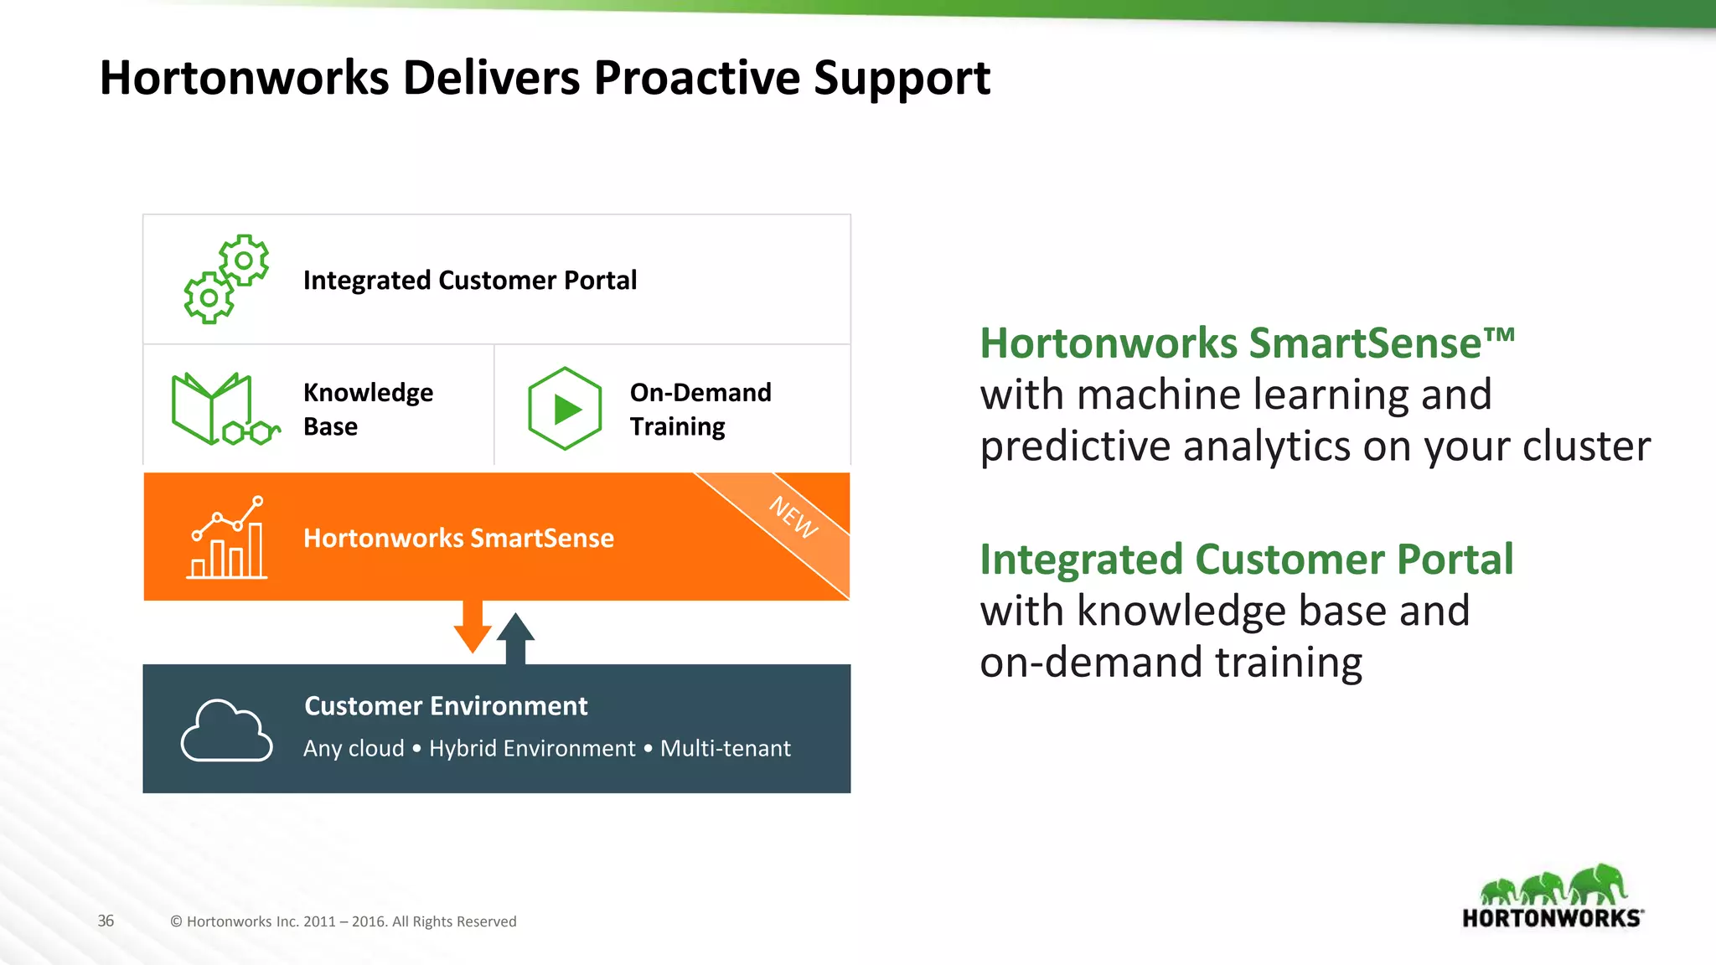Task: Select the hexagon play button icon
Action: tap(566, 409)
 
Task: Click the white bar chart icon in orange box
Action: tap(227, 539)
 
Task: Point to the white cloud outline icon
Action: tap(226, 730)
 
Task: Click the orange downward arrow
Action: tap(473, 627)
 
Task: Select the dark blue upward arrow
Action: tap(515, 638)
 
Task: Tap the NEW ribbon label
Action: tap(793, 518)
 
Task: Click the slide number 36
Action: tap(106, 921)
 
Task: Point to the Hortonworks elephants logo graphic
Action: tap(1553, 885)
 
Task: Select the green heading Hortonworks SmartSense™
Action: tap(1247, 343)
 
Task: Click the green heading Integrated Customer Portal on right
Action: tap(1246, 560)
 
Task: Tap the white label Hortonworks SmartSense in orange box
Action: tap(458, 538)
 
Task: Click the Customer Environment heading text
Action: tap(446, 706)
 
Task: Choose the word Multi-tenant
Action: tap(725, 748)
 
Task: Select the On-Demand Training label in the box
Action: tap(700, 409)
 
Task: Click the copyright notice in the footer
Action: tap(344, 921)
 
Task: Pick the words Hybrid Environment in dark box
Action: tap(532, 748)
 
